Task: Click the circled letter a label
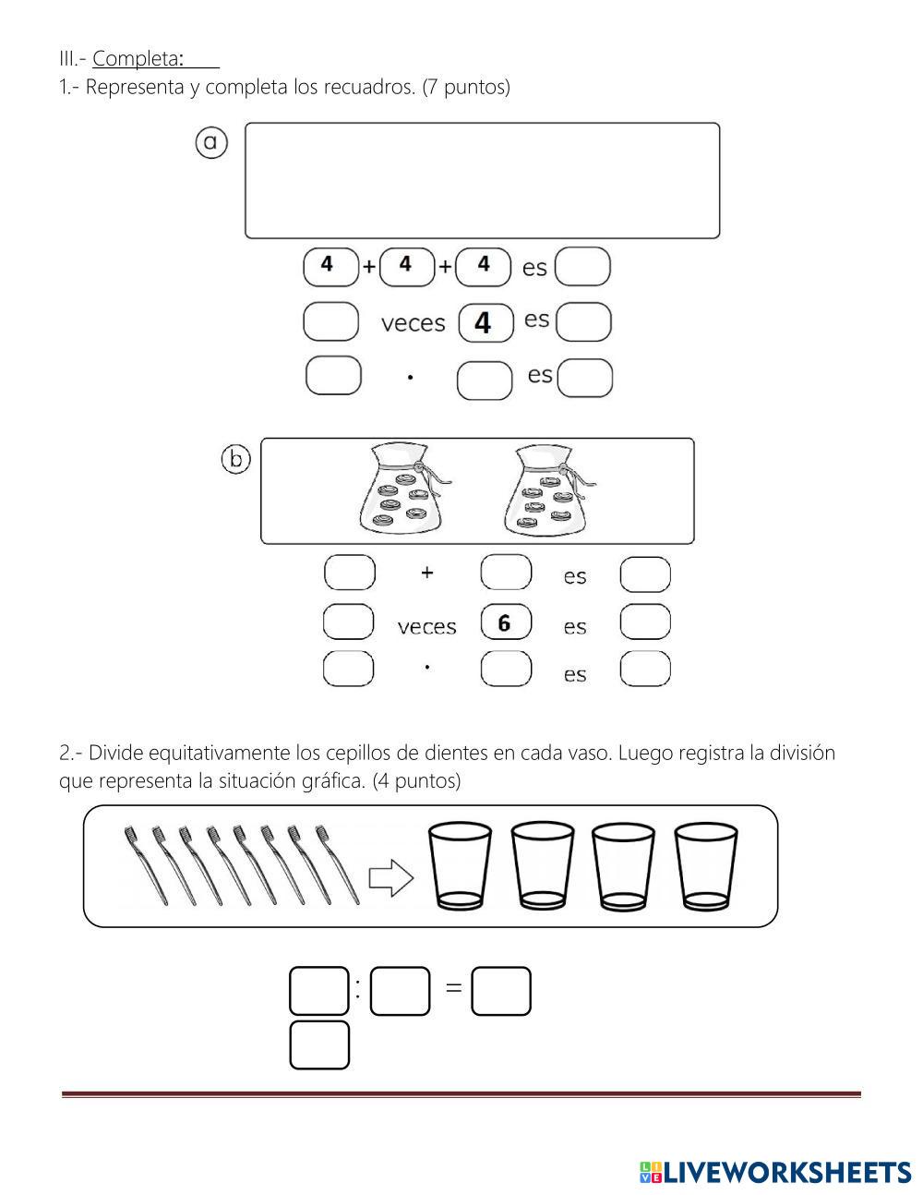click(211, 143)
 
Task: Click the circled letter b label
click(236, 459)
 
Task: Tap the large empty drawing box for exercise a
click(482, 181)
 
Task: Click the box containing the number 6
click(506, 623)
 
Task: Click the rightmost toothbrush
click(337, 865)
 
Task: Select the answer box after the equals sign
click(501, 991)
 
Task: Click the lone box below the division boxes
click(319, 1044)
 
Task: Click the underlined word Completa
click(138, 59)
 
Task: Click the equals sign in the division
click(453, 987)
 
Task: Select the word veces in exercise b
click(427, 627)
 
